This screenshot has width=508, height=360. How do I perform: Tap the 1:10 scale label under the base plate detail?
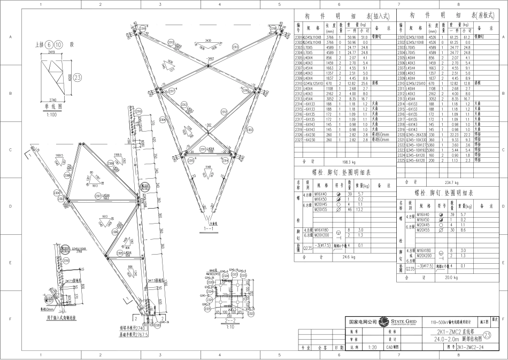click(x=230, y=327)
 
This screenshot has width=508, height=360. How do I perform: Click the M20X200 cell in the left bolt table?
click(x=322, y=235)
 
